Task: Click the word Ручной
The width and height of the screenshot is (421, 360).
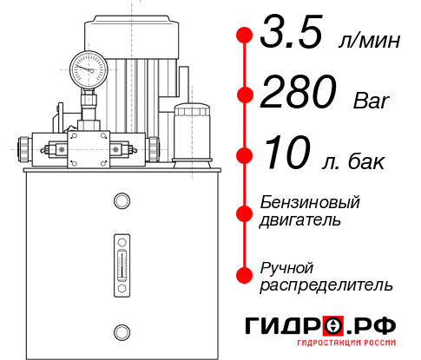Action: click(287, 266)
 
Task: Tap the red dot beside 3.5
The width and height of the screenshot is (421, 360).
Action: click(245, 35)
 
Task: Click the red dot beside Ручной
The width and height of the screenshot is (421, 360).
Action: click(245, 275)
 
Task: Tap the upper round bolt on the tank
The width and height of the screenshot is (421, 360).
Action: click(121, 202)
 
